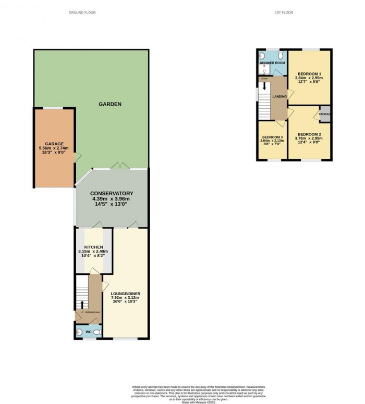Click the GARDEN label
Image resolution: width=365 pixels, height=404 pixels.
point(110,104)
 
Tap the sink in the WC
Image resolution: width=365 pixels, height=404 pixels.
point(78,331)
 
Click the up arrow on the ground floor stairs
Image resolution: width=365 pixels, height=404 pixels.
point(82,304)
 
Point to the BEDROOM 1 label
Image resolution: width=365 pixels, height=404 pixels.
point(309,73)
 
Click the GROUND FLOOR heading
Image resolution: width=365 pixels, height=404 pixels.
point(83,12)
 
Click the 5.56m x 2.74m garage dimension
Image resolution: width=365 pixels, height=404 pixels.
point(54,148)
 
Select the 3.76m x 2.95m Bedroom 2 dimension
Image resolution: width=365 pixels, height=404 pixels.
point(309,138)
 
